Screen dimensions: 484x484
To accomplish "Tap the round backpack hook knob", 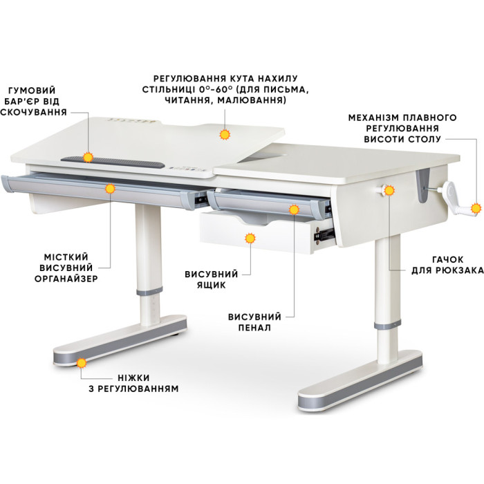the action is tap(384, 190).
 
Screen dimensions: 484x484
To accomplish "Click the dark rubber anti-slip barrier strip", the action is tap(113, 161).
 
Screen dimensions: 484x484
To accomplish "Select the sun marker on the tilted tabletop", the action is tap(225, 135).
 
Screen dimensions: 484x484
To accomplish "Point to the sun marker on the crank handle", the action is tap(476, 208).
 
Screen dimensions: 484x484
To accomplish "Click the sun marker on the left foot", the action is tap(82, 363).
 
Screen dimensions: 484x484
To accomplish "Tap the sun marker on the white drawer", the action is tap(250, 239).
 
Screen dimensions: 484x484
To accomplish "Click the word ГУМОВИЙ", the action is tap(32, 91).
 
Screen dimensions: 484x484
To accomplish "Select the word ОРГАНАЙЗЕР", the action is tap(66, 279).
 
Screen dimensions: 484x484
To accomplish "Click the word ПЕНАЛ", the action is tap(254, 328).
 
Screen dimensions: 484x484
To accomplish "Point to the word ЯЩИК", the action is tap(212, 285).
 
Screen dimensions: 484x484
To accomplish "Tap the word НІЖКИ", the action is tap(133, 378).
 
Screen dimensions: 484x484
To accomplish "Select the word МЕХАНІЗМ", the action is tap(372, 118).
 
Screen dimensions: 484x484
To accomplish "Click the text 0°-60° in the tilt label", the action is tap(216, 89).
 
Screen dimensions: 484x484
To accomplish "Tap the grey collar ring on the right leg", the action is tap(387, 325).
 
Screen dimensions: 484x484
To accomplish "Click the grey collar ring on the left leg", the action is tap(149, 291).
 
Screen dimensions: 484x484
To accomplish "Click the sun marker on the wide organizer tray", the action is tap(110, 189).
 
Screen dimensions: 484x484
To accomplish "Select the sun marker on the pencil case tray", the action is tap(294, 210).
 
